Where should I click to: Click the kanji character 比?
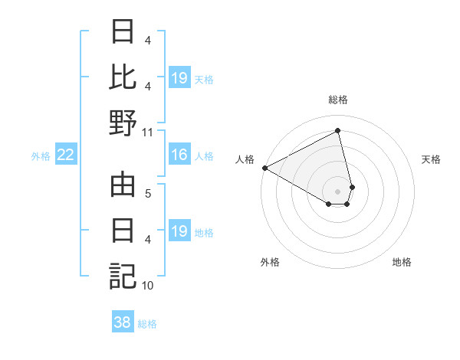[x=123, y=77]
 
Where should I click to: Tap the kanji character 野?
[x=123, y=122]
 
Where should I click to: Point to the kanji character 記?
[x=123, y=275]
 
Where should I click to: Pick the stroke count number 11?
[x=148, y=131]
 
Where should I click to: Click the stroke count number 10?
[x=148, y=286]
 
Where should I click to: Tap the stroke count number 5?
[x=148, y=193]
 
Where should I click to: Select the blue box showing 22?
[x=66, y=155]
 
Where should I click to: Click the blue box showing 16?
[x=179, y=155]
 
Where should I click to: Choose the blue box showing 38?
[x=123, y=322]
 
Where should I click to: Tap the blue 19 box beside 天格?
[x=179, y=78]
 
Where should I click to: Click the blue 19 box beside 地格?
[x=179, y=232]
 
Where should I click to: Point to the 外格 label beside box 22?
[x=41, y=156]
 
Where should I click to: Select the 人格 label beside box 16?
[x=204, y=156]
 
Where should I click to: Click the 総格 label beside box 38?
[x=147, y=324]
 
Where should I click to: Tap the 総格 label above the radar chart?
[x=338, y=100]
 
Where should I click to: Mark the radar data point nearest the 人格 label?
[x=264, y=168]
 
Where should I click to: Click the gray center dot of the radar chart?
[x=338, y=191]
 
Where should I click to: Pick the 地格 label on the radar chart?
[x=402, y=262]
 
